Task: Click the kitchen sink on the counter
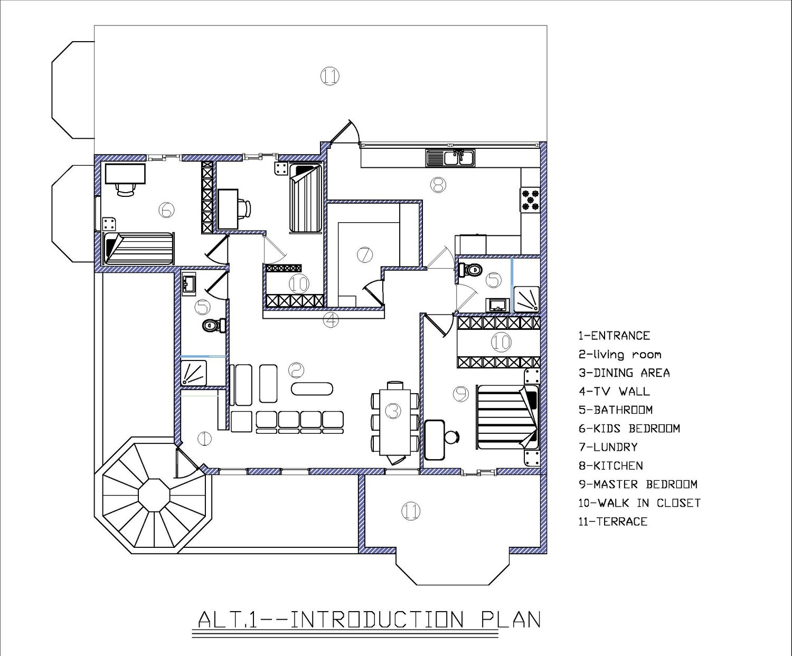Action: [x=450, y=158]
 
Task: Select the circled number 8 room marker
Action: [x=438, y=185]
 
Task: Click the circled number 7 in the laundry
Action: [x=365, y=255]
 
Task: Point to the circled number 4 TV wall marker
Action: [x=331, y=320]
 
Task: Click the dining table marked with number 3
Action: [x=395, y=422]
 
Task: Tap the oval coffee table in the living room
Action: [x=312, y=389]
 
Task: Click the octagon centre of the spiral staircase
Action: [x=154, y=495]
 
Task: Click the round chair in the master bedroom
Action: [x=452, y=437]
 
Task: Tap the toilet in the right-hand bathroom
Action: [x=470, y=270]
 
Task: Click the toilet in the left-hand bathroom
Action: [x=213, y=325]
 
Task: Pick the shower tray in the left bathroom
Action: [x=193, y=373]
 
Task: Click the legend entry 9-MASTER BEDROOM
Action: [x=638, y=484]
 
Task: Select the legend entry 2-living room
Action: [x=620, y=355]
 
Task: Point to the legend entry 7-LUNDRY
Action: [x=608, y=447]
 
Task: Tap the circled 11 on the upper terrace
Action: [x=329, y=76]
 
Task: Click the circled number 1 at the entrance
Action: [x=204, y=439]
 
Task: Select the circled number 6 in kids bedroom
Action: [x=166, y=210]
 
